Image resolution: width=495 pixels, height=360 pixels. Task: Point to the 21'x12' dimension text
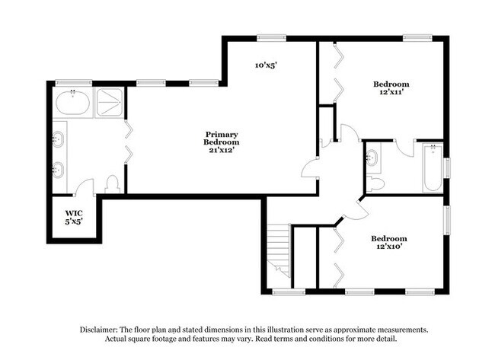click(222, 149)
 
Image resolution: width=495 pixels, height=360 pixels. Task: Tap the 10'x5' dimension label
click(265, 65)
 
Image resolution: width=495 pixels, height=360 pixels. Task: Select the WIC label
click(73, 213)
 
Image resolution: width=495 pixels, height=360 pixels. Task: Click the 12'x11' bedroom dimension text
click(391, 92)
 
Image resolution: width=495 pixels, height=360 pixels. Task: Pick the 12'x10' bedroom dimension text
click(391, 247)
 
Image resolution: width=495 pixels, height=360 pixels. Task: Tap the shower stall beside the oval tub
click(109, 102)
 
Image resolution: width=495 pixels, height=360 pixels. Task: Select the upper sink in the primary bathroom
click(58, 139)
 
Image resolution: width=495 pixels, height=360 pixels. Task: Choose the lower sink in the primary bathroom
click(58, 169)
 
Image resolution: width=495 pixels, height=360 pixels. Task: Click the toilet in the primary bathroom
click(112, 184)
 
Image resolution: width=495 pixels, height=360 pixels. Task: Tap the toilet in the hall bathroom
click(375, 183)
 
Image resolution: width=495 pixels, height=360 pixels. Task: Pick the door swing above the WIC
click(85, 187)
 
